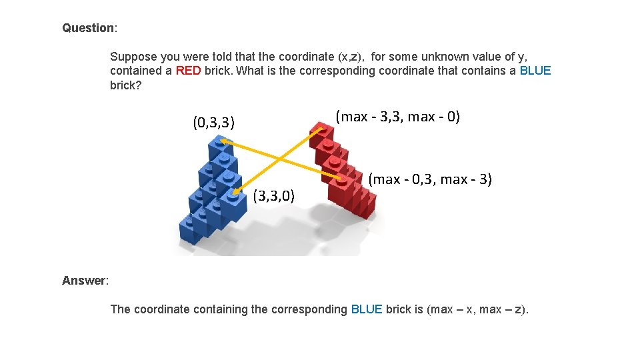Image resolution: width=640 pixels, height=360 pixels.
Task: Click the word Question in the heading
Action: coord(88,28)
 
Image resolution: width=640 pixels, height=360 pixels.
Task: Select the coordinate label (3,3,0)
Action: coord(277,196)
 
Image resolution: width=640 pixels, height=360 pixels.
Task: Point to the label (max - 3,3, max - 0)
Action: coord(398,117)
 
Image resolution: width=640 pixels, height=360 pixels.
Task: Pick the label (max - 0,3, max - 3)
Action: coord(430,179)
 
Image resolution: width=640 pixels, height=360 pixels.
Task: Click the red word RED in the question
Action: coord(188,71)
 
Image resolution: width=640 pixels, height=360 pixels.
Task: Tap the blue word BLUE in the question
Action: coord(535,71)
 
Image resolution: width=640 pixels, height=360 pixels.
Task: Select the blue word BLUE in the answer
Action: coord(367,309)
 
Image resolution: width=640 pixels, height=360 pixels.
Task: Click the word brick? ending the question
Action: coord(126,85)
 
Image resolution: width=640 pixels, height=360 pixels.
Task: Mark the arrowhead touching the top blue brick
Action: coord(225,141)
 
